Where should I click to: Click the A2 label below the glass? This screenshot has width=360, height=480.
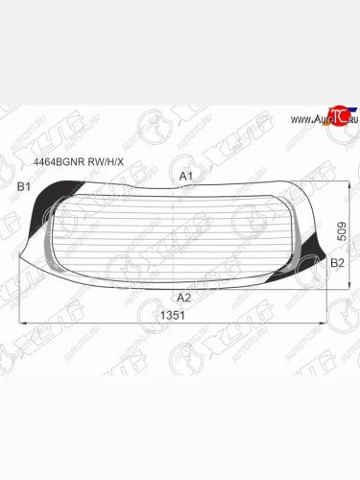(184, 298)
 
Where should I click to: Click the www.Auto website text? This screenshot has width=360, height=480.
(305, 119)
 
